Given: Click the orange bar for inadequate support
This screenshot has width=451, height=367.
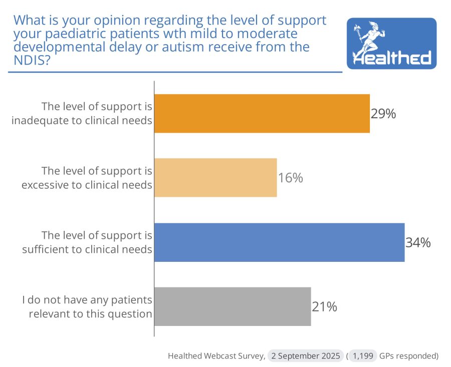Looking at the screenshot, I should pos(262,114).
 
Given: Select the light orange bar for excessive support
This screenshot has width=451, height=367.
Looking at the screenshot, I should pos(215,178).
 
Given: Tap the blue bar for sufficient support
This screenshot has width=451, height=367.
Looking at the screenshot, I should pos(279,242).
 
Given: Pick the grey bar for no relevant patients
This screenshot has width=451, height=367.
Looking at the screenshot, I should pos(233,306).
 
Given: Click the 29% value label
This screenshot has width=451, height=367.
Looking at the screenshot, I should pos(383,114).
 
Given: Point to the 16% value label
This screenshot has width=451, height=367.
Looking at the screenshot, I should pos(291,178).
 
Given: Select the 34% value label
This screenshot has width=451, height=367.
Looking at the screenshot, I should pos(418,243).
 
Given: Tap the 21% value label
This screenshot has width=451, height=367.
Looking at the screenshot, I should pos(324,307).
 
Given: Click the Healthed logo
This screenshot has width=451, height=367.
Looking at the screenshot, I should pos(391,44).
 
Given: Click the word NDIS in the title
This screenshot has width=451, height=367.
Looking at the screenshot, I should pos(30,60).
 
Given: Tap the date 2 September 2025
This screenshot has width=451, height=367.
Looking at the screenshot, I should pos(306,356).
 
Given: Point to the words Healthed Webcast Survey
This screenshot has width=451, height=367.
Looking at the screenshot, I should pos(216,356).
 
